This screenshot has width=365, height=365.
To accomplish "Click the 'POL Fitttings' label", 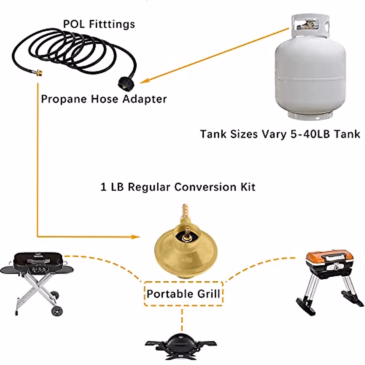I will coord(99,24).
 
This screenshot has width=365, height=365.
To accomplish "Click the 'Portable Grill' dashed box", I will coord(183,294).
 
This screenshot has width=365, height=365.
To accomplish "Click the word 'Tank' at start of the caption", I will coord(212,134).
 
